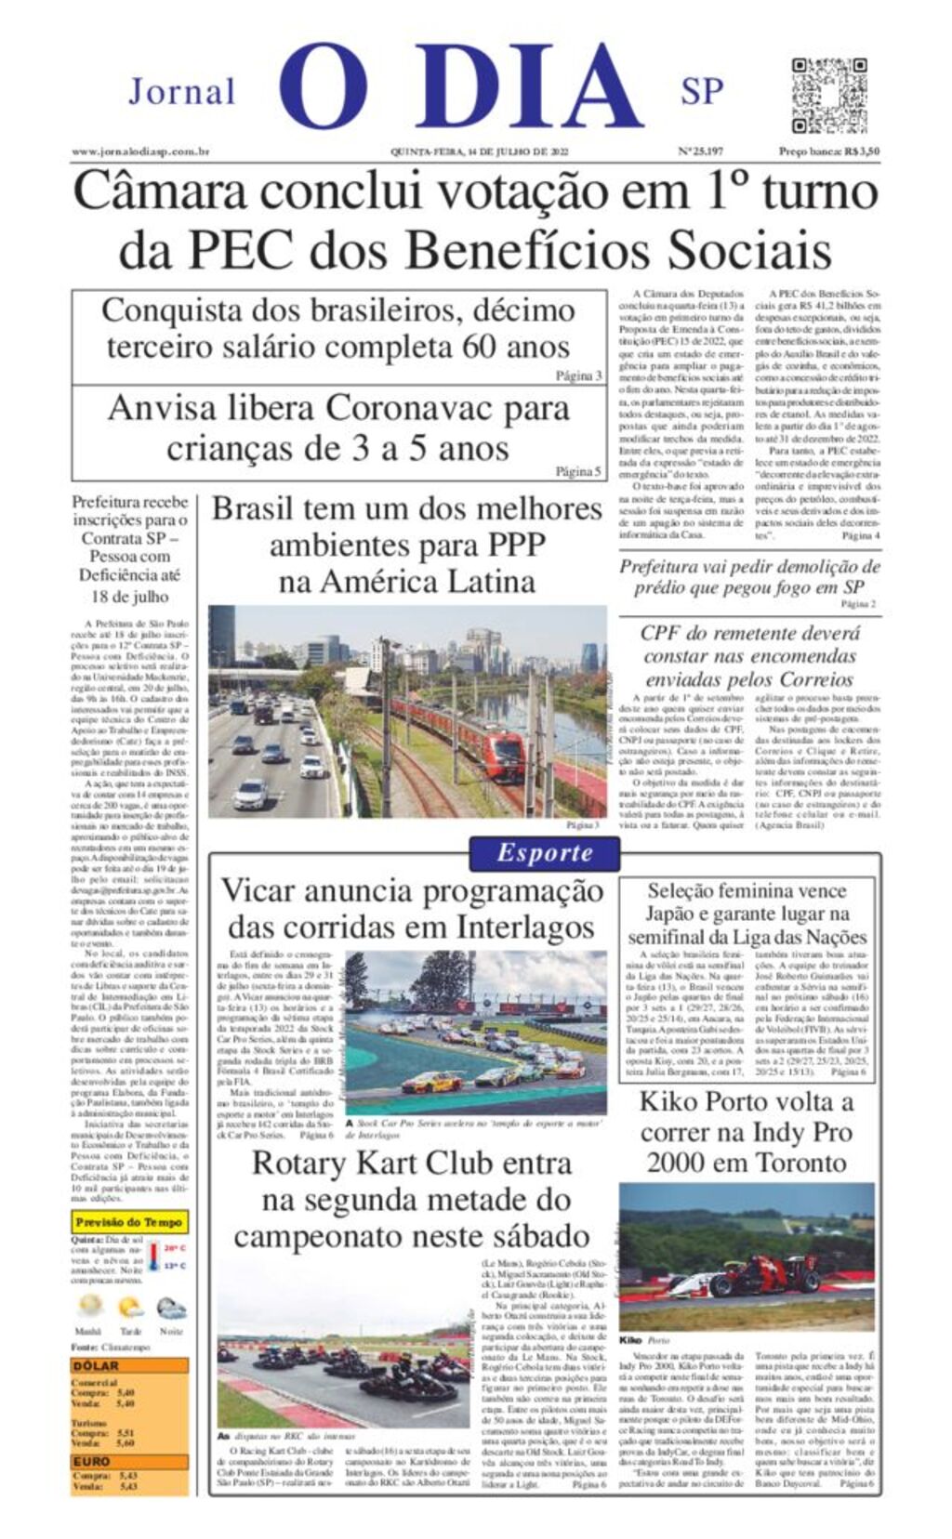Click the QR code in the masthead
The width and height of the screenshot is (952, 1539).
pos(829,95)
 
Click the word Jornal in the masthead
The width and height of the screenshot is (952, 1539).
pos(181,92)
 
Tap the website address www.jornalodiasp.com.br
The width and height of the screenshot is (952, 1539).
pos(140,151)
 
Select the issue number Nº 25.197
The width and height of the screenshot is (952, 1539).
pos(700,151)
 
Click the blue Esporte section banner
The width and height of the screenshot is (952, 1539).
pos(544,853)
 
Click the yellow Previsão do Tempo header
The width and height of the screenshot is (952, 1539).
pos(129,1223)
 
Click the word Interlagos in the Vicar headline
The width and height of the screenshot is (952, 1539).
pos(524,927)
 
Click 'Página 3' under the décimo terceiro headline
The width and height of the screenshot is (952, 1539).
pos(579,376)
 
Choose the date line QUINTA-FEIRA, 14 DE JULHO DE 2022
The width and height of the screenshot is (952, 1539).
pos(479,151)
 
